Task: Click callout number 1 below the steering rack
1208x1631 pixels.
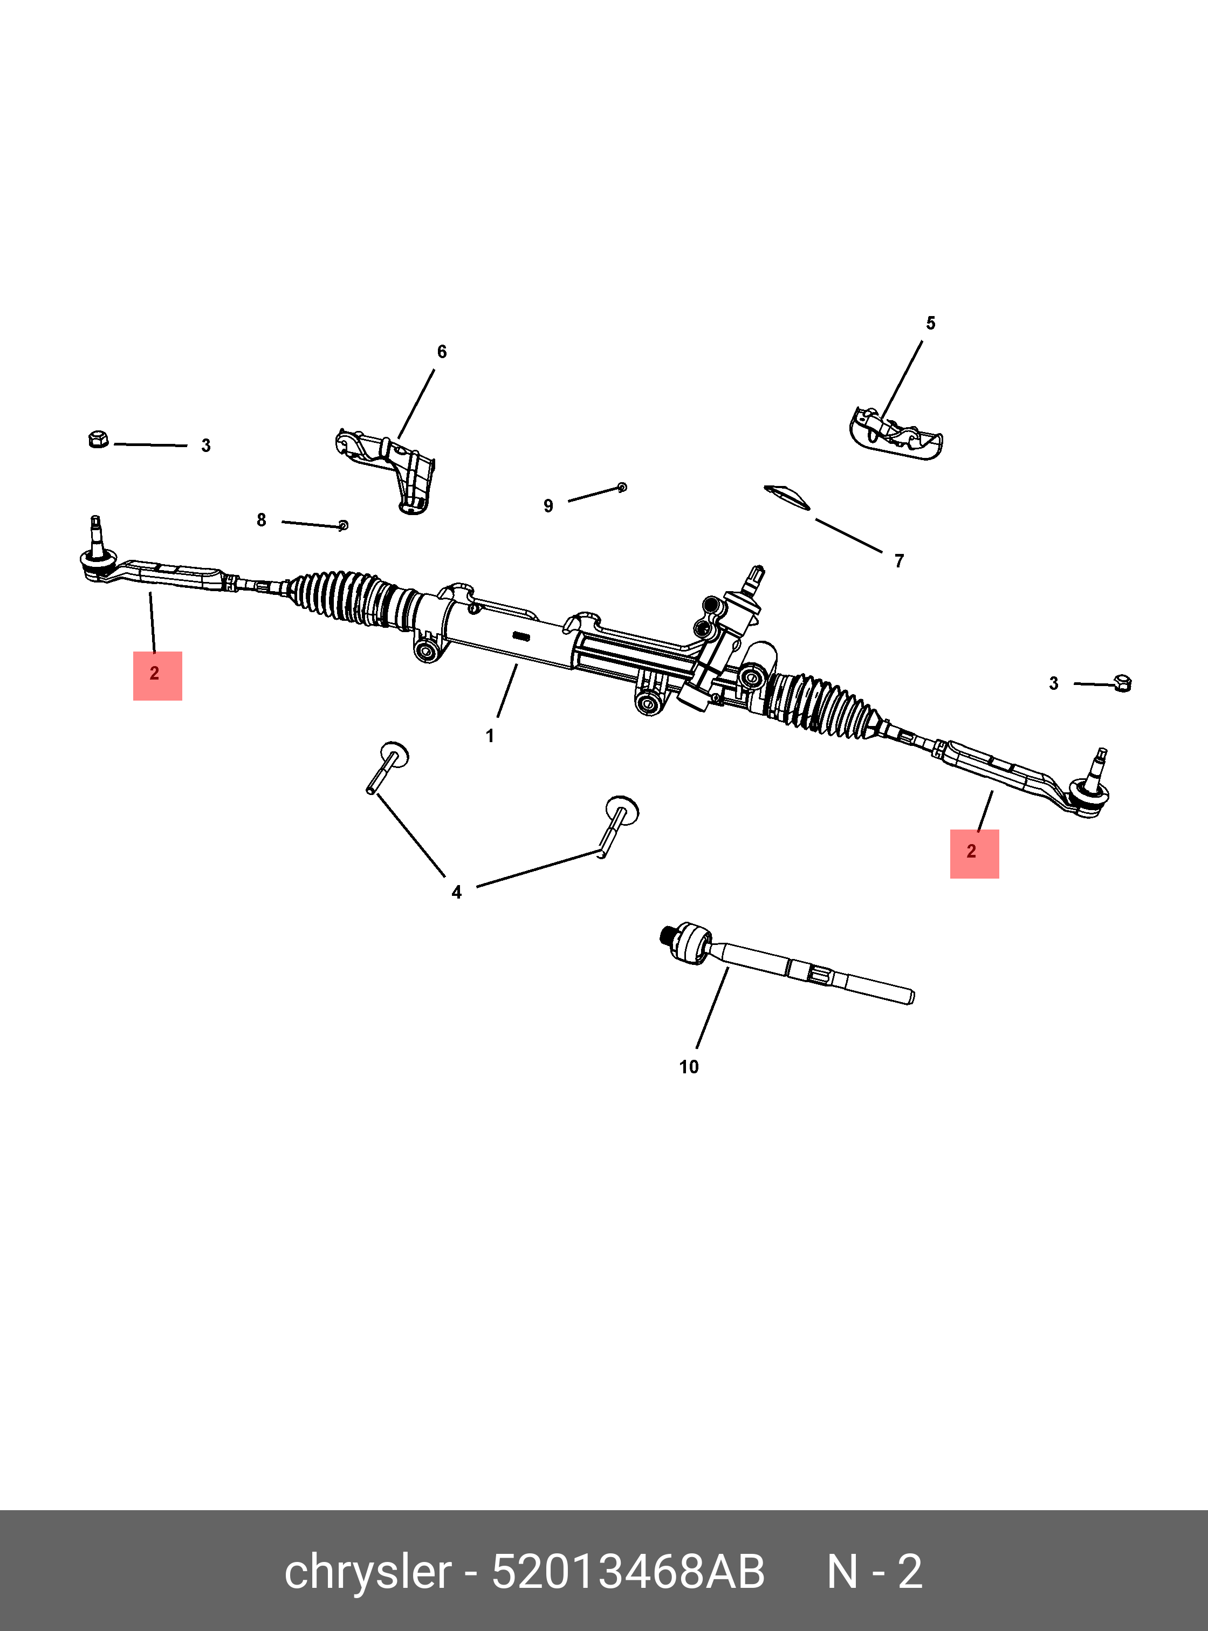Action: (x=490, y=736)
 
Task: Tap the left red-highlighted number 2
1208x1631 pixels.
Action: (x=154, y=673)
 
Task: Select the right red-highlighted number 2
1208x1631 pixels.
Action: (x=971, y=851)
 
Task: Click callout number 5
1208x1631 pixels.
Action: (x=930, y=323)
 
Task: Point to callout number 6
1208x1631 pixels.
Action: (x=442, y=352)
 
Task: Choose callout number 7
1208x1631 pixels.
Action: (x=900, y=561)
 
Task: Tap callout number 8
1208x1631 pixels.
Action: (x=261, y=520)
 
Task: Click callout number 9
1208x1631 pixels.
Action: (x=548, y=506)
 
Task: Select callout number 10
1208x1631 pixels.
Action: (x=689, y=1067)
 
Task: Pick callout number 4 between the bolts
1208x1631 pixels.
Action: (x=456, y=892)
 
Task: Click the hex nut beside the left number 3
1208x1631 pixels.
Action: (x=98, y=439)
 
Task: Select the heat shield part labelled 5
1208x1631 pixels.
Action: (x=896, y=434)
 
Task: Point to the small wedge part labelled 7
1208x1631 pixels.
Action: (x=787, y=497)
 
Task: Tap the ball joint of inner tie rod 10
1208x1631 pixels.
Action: (x=690, y=943)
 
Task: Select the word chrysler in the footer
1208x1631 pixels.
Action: (x=368, y=1573)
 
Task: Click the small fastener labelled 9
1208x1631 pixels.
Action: (x=622, y=486)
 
